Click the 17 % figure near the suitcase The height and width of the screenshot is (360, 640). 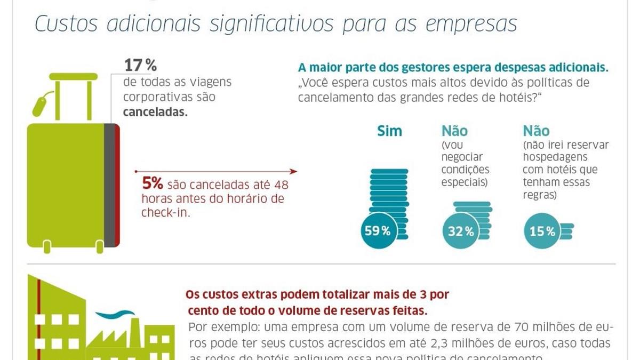coord(140,66)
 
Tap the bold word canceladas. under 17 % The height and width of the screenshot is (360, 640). coord(155,113)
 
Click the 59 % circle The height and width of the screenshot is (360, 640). coord(378,231)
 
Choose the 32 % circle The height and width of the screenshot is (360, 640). coord(460,231)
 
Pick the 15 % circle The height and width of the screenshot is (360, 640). coord(542,231)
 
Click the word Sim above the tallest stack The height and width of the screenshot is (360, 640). coord(389,131)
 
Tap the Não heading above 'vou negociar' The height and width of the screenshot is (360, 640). coord(454,131)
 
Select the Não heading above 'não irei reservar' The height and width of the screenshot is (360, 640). coord(536,131)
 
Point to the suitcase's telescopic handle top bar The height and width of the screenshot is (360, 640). coord(74,76)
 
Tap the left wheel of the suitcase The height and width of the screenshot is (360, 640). coord(47,247)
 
